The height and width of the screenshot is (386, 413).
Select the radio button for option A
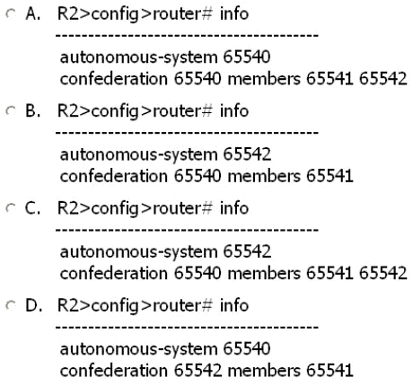(x=11, y=13)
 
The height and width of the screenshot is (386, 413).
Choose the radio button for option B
(x=11, y=111)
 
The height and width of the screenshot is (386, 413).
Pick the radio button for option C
(x=11, y=208)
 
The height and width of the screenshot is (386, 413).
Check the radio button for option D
(x=11, y=305)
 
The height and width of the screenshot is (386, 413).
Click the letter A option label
(x=33, y=14)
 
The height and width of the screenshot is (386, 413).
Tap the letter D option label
(x=33, y=306)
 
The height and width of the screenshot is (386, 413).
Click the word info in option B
(x=234, y=110)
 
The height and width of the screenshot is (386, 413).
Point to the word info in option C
(x=234, y=208)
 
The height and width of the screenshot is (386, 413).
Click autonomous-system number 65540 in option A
(x=247, y=57)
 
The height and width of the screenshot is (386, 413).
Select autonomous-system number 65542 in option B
(x=247, y=154)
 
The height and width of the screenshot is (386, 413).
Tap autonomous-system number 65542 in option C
(x=247, y=251)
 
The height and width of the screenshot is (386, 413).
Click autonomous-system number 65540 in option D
(x=247, y=348)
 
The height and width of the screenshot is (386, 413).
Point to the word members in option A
(x=264, y=79)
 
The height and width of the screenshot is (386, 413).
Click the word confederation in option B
(x=114, y=176)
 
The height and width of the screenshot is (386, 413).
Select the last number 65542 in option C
(x=383, y=273)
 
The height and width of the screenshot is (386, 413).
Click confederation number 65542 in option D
(x=198, y=371)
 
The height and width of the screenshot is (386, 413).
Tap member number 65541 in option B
(x=330, y=176)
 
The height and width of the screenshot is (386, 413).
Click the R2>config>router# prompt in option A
(x=135, y=14)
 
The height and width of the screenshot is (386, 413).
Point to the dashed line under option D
(x=187, y=327)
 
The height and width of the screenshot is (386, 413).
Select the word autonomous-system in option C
(x=139, y=252)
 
